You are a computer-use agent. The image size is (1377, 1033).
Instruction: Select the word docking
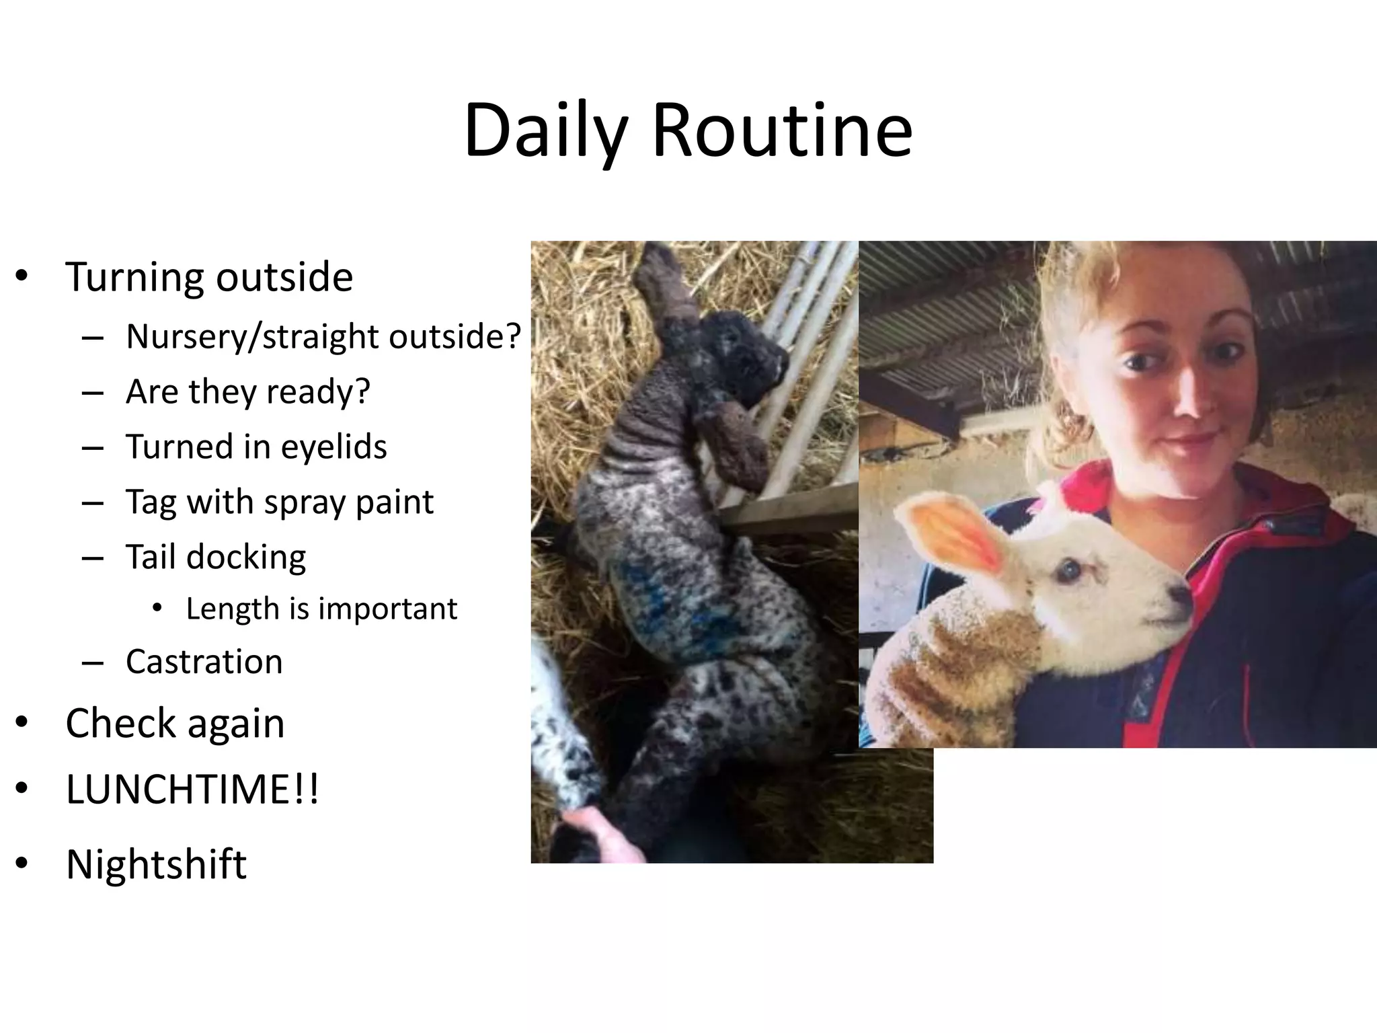(245, 558)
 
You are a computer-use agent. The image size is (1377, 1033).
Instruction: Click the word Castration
(204, 662)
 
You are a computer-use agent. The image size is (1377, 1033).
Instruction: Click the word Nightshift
(156, 864)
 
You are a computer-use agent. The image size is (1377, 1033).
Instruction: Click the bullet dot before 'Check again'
(22, 722)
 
